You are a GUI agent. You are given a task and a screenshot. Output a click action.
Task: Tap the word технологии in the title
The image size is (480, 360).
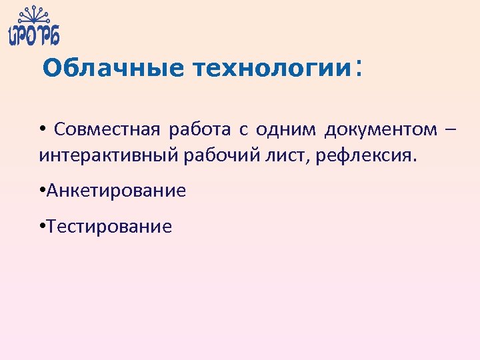pos(271,68)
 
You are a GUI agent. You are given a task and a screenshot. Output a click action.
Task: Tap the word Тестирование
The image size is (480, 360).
pos(109,227)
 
